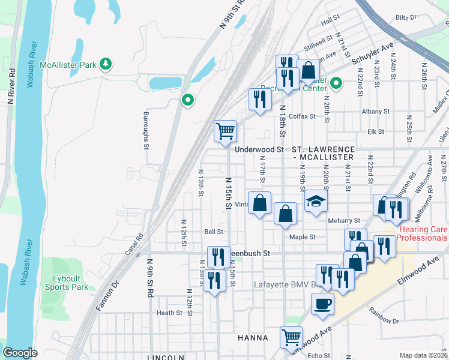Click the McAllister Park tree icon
click(106, 64)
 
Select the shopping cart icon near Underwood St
click(226, 130)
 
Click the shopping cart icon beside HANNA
click(291, 337)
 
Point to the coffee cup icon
click(323, 303)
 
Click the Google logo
click(20, 352)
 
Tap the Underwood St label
click(259, 149)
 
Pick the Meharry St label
click(344, 221)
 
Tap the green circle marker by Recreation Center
click(336, 83)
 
